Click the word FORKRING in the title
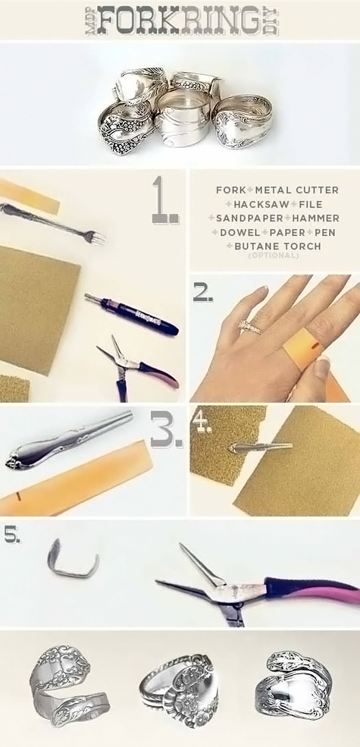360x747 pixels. pos(179,20)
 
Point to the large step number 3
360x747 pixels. pos(166,431)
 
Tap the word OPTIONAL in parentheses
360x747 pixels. pos(274,256)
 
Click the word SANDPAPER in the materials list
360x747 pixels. pos(241,218)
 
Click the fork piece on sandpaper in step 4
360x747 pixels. pos(258,448)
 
